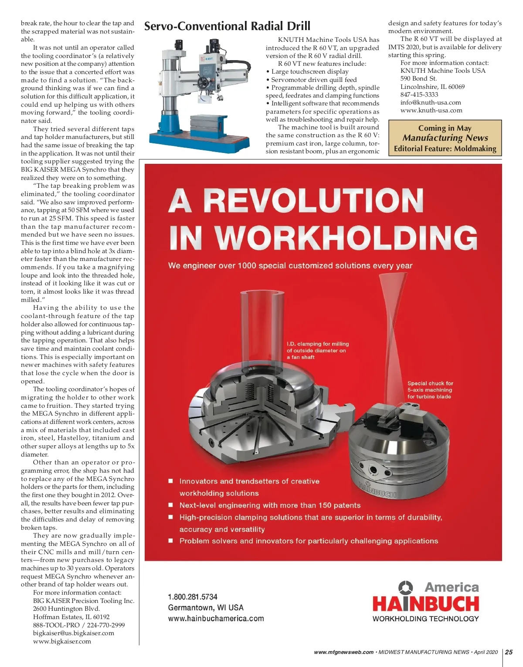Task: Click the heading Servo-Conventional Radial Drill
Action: click(x=227, y=26)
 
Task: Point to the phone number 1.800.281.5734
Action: click(x=193, y=597)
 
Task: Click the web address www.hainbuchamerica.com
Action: click(x=216, y=619)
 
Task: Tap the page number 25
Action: click(x=509, y=652)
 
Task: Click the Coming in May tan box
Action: click(x=445, y=138)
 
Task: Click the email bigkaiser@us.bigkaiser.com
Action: click(x=74, y=633)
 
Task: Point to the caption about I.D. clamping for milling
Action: click(x=318, y=350)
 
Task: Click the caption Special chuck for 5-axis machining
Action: click(x=430, y=390)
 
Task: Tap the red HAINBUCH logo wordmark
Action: click(x=425, y=604)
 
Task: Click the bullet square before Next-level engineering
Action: click(x=171, y=505)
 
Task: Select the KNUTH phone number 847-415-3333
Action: click(x=419, y=95)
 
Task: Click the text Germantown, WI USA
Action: click(x=206, y=608)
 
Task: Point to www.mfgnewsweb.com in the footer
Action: click(x=344, y=652)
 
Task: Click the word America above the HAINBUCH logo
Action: click(x=452, y=587)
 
